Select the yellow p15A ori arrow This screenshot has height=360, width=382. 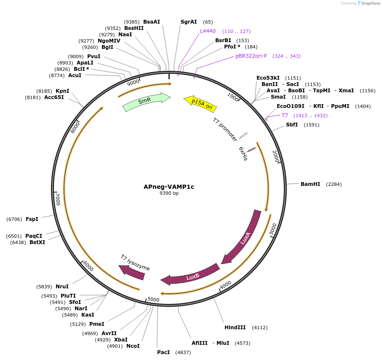click(200, 103)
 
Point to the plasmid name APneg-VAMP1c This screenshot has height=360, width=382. click(169, 186)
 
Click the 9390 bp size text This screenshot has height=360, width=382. click(169, 193)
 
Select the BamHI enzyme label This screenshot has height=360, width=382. click(310, 184)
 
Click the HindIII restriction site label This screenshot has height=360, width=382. click(235, 327)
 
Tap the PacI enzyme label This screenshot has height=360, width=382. click(163, 352)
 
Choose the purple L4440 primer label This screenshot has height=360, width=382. click(208, 31)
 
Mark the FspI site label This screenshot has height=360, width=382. click(32, 219)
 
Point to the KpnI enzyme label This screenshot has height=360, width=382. click(62, 91)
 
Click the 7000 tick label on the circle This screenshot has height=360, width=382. click(58, 199)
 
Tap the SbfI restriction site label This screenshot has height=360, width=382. click(292, 124)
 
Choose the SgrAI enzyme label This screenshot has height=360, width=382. click(189, 21)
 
